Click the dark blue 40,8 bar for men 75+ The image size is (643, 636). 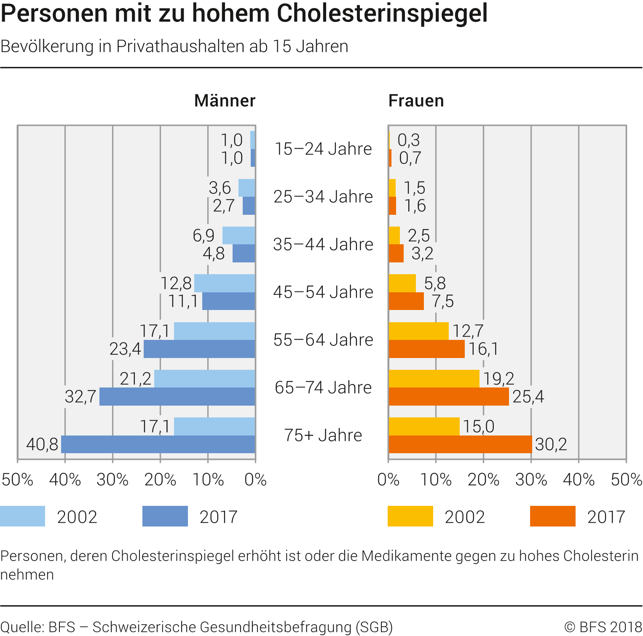pos(158,444)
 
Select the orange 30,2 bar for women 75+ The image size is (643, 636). pos(460,444)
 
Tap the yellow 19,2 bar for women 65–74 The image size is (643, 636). pos(434,379)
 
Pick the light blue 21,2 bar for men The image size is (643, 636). pos(205,379)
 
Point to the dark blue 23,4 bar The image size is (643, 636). pos(199,349)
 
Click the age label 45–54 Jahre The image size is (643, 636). pos(323,292)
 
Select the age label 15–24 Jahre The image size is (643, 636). pos(323,149)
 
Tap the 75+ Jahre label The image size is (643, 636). pos(323,436)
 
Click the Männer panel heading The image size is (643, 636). pos(225,101)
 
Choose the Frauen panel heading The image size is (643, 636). pos(416,101)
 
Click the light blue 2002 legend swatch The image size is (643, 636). pos(23,516)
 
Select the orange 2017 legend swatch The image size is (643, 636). pos(552,516)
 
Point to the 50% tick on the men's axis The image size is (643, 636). pos(17,480)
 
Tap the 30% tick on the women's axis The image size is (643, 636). pos(531,480)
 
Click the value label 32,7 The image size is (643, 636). pos(80,397)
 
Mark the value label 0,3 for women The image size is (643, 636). pos(409,140)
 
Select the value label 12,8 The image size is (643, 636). pos(176,283)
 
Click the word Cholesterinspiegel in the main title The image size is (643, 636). pos(382,13)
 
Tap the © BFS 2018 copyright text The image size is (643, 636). pos(603,627)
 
